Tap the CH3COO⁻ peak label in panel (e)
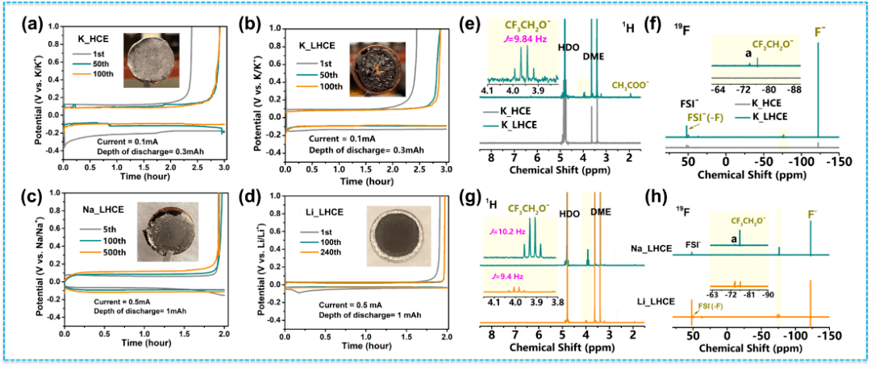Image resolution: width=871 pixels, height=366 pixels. (631, 84)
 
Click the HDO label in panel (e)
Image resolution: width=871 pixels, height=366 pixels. (567, 47)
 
